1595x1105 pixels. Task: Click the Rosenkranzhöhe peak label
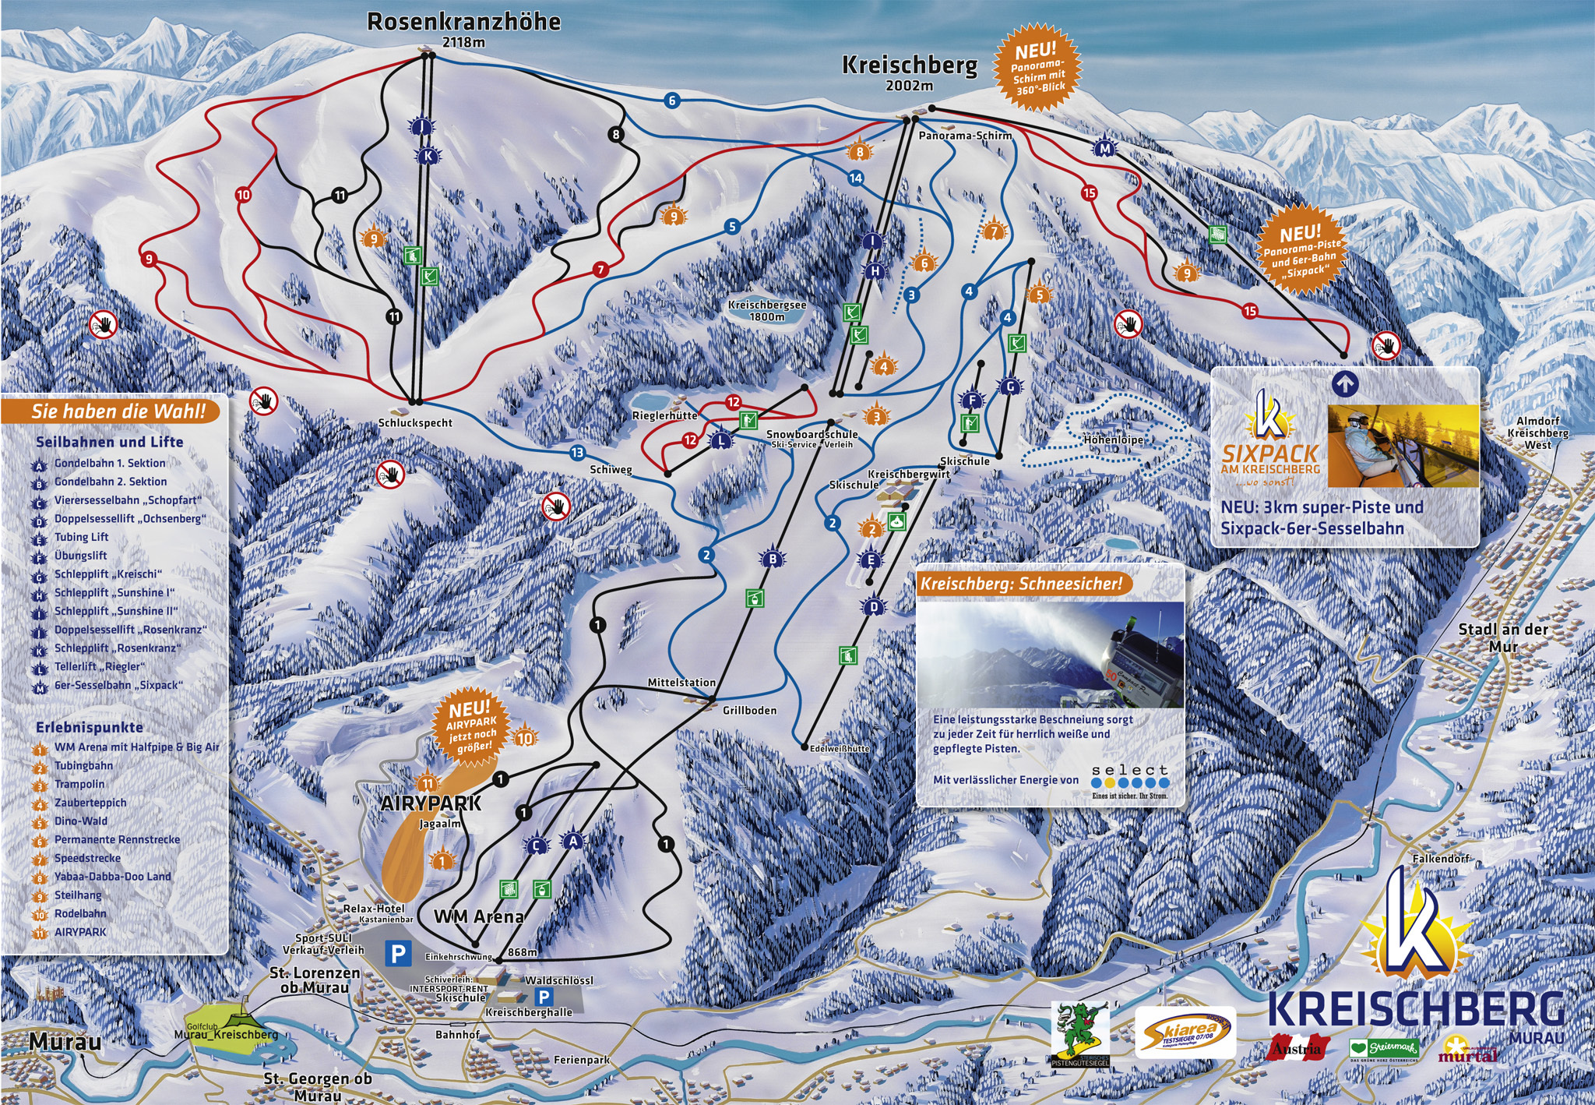[463, 22]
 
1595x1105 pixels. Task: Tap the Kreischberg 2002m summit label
[909, 66]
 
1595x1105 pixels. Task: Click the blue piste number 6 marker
[672, 100]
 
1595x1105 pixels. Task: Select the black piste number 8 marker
[617, 135]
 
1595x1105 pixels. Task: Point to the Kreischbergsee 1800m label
[767, 310]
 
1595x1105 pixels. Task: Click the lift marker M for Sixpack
[1104, 149]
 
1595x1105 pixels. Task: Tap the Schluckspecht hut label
[414, 423]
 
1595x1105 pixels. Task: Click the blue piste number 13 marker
[576, 453]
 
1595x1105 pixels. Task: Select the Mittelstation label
[681, 683]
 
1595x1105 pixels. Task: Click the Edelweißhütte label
[839, 748]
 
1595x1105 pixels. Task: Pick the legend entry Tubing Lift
[81, 538]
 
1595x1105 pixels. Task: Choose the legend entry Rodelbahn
[80, 914]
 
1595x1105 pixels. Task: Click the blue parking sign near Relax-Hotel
[400, 952]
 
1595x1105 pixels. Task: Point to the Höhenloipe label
[1113, 440]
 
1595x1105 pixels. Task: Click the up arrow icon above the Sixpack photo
[1346, 383]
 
